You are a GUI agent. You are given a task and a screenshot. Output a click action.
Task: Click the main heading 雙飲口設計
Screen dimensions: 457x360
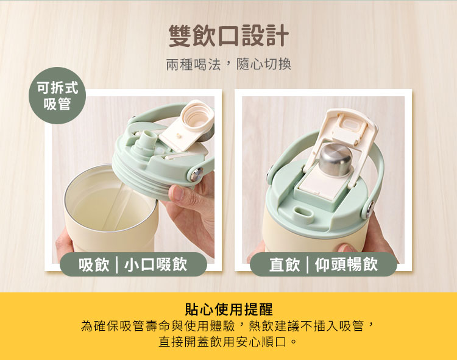point(228,35)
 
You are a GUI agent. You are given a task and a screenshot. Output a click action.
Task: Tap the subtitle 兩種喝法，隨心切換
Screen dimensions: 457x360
point(228,64)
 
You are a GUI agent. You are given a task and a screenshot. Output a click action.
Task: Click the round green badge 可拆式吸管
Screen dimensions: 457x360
point(57,96)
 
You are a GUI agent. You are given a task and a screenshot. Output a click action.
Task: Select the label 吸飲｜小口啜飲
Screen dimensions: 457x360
point(133,264)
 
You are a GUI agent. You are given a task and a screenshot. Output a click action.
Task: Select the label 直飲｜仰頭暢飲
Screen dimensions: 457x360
point(324,264)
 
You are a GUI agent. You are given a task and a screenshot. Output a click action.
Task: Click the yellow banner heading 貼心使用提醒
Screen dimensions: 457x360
point(228,309)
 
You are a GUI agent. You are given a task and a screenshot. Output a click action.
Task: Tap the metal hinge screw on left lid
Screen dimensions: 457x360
point(196,174)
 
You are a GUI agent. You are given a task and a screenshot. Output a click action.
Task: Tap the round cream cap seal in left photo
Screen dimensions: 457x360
point(196,116)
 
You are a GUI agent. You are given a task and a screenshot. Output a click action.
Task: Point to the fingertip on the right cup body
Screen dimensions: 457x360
point(346,248)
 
